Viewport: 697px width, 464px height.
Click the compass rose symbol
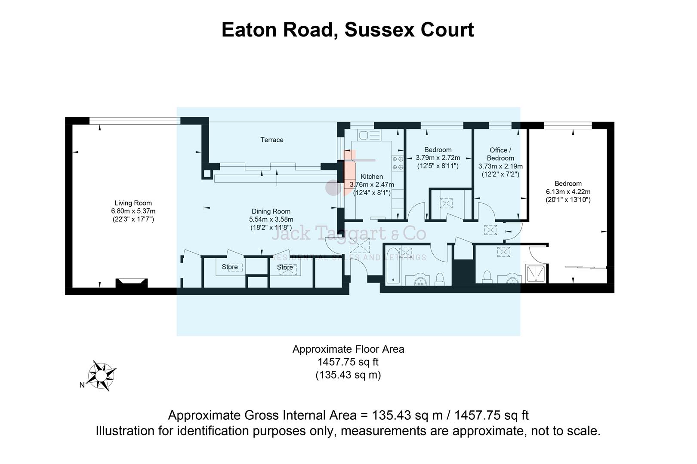click(x=102, y=375)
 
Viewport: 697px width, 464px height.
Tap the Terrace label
click(x=271, y=140)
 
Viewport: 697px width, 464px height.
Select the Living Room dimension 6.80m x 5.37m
click(x=133, y=211)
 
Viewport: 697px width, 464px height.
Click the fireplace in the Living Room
click(x=132, y=283)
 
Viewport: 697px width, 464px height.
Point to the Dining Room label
click(x=271, y=211)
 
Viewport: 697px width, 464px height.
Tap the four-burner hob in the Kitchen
click(x=397, y=163)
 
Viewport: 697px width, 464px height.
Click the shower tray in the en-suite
click(x=536, y=274)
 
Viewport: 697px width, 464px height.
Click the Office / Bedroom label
click(x=500, y=154)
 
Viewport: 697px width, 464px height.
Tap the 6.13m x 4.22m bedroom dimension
click(x=568, y=192)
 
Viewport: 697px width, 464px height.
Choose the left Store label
click(x=230, y=267)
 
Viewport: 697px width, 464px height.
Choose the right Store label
click(x=285, y=267)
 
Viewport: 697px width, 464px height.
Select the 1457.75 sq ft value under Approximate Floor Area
click(x=348, y=362)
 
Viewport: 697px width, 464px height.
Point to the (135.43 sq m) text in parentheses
click(x=348, y=375)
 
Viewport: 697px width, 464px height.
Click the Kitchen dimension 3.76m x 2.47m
click(x=372, y=185)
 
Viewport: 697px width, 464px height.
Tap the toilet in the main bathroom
click(x=439, y=279)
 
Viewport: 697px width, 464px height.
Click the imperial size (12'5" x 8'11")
click(x=438, y=166)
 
